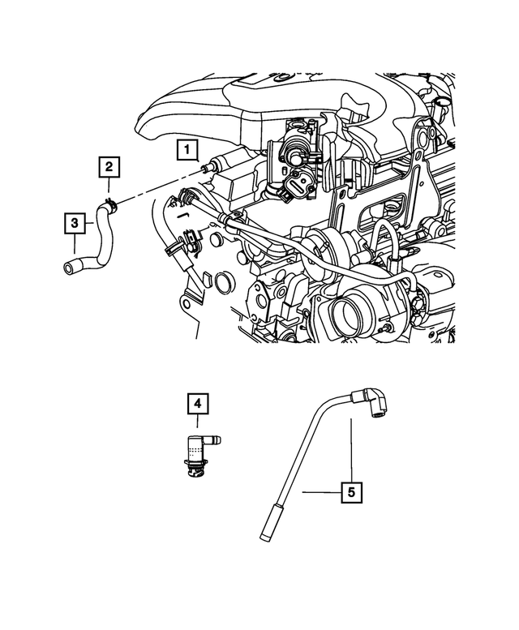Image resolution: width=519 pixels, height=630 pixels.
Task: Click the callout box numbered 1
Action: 187,149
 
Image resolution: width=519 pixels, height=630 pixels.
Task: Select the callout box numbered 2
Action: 109,168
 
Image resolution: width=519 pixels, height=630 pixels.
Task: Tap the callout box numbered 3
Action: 75,221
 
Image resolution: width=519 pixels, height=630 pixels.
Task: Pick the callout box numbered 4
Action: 197,401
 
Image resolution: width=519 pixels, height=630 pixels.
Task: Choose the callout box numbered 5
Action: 351,491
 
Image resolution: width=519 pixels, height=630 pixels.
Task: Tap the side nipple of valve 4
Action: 217,439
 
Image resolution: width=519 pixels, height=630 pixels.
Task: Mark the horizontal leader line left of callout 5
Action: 320,491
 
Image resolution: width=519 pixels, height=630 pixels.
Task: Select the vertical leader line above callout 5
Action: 351,450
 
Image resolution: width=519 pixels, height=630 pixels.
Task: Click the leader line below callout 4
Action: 197,422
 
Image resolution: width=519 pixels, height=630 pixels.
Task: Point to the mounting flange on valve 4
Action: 195,468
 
